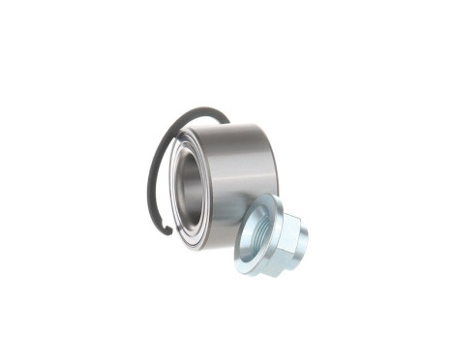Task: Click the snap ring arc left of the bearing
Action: click(150, 184)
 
